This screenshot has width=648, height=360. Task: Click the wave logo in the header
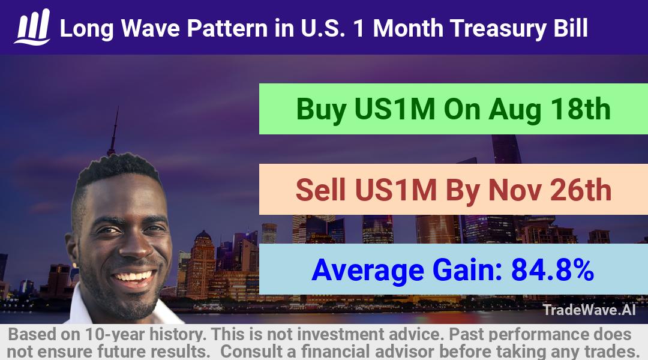[x=32, y=27]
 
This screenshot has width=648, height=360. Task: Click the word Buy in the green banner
[x=321, y=110]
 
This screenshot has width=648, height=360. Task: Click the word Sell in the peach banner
[x=320, y=190]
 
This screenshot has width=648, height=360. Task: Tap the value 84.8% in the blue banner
[x=553, y=270]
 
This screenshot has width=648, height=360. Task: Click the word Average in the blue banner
[x=368, y=271]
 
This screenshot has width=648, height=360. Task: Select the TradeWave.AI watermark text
[x=589, y=310]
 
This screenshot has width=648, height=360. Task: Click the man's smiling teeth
[x=133, y=276]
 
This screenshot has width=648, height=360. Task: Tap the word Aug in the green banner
[x=514, y=110]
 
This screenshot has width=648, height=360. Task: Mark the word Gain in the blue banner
[x=467, y=270]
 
